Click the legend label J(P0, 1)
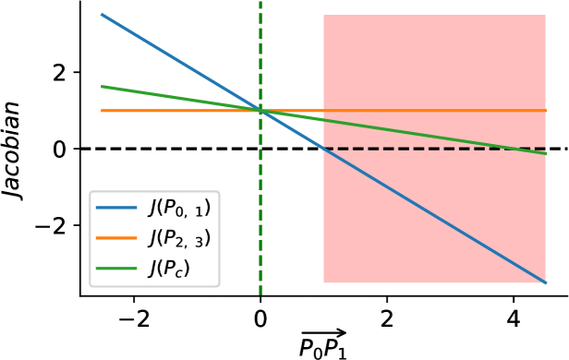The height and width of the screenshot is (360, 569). click(179, 208)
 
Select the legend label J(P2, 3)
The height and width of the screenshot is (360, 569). click(179, 238)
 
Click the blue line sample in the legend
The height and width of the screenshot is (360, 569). click(116, 208)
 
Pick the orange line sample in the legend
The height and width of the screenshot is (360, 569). click(116, 238)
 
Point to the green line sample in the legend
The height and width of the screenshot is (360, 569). click(116, 269)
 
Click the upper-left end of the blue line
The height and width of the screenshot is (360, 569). click(102, 14)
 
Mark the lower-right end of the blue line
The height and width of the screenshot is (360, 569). click(546, 282)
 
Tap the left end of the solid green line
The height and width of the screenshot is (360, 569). click(102, 87)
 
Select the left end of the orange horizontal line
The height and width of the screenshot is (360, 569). click(102, 111)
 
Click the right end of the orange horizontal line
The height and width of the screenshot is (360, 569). click(546, 111)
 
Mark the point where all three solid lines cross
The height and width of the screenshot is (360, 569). click(260, 111)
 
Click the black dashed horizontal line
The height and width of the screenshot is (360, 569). click(434, 149)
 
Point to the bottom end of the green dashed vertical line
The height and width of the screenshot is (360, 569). click(260, 294)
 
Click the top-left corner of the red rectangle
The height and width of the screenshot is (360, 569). click(323, 15)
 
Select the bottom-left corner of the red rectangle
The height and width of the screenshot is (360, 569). click(323, 282)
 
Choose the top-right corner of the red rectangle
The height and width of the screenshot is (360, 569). click(546, 15)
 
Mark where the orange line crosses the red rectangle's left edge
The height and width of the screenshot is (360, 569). click(323, 111)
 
